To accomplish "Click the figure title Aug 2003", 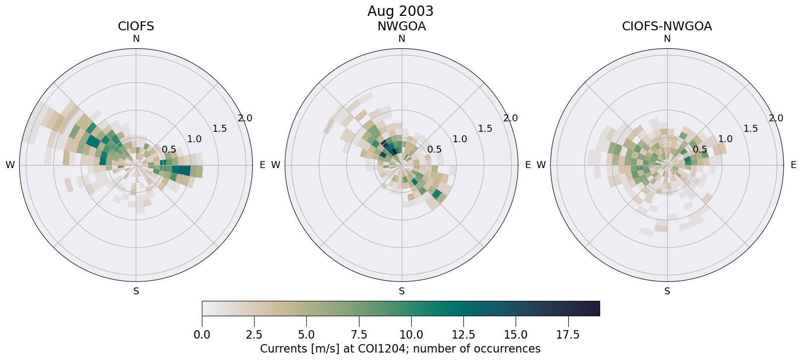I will tap(400, 11).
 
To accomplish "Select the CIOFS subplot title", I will tap(136, 26).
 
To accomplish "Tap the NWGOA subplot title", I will tap(401, 26).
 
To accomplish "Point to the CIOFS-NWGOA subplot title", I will tap(667, 26).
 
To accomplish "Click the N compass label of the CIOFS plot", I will tap(136, 39).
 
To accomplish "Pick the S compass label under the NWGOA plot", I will tap(402, 291).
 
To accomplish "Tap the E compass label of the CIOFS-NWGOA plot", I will tap(793, 165).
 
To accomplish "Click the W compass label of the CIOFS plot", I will tap(10, 165).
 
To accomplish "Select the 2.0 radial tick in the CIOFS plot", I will tap(245, 118).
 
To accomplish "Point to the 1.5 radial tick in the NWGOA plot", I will tap(485, 129).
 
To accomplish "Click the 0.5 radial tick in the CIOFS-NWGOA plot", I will tap(700, 150).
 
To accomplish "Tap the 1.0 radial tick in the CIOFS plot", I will tap(194, 139).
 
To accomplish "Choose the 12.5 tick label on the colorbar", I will tap(463, 335).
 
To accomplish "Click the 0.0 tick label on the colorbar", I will tap(202, 335).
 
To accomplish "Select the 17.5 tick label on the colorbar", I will tap(568, 335).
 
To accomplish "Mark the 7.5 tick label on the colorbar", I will tap(359, 335).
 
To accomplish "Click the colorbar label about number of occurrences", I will tap(400, 349).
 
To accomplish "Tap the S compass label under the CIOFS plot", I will tap(136, 291).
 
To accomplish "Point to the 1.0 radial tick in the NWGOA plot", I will tap(459, 139).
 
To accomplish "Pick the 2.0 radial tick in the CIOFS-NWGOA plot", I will tap(776, 118).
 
